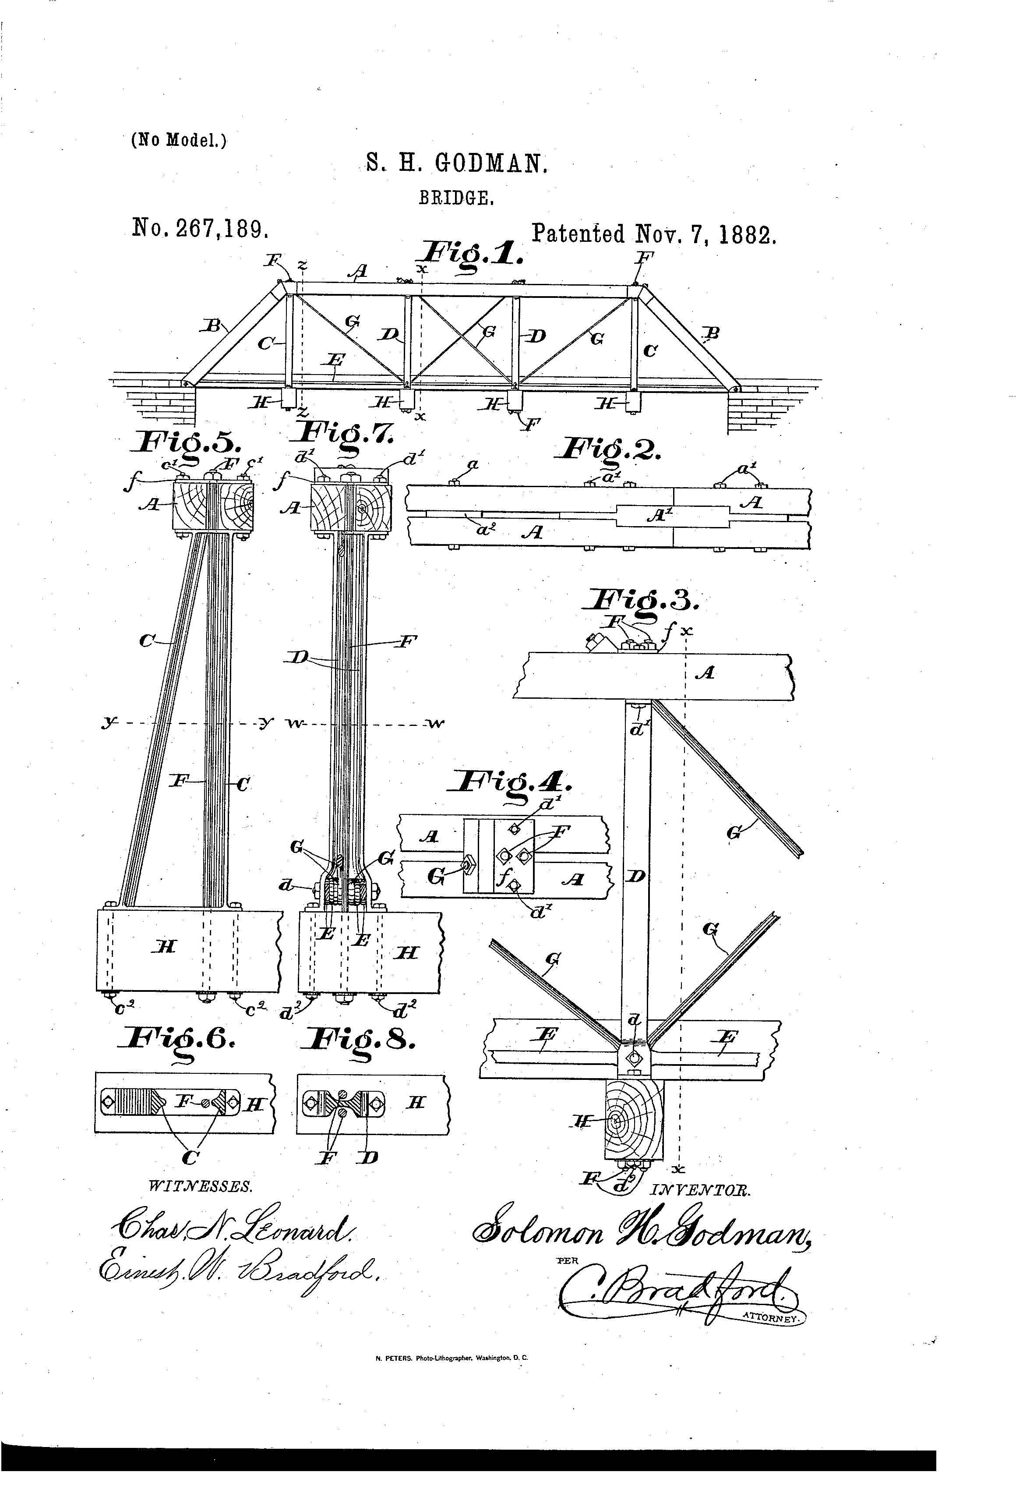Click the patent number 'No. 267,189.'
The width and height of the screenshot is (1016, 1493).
[x=200, y=228]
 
